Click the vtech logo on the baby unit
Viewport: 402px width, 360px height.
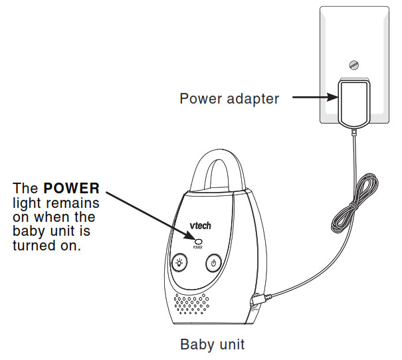click(x=199, y=225)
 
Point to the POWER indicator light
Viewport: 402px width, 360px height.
click(x=198, y=239)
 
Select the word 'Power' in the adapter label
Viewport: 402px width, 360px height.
click(x=199, y=99)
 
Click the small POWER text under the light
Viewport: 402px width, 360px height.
click(x=198, y=246)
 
